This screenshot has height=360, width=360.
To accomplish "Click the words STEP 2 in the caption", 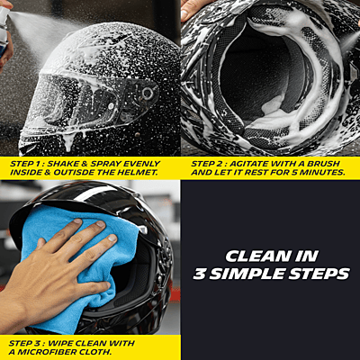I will pyautogui.click(x=209, y=163).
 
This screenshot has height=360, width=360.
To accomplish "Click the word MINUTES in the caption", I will pyautogui.click(x=319, y=172).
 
